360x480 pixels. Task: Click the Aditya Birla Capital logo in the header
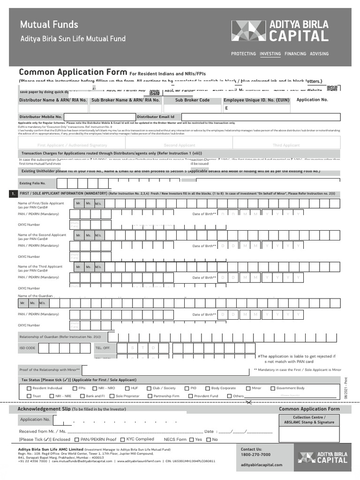coord(280,30)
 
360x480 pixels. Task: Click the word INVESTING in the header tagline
coord(270,54)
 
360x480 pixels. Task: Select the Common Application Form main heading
coord(73,72)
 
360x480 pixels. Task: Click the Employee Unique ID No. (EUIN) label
coord(256,100)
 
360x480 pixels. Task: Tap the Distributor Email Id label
coord(156,117)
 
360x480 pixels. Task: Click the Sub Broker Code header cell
coord(192,100)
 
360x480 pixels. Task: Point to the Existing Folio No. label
coord(32,183)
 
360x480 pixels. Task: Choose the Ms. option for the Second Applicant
coord(88,235)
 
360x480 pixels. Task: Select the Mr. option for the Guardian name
coord(22,303)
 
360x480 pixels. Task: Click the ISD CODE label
coord(27,348)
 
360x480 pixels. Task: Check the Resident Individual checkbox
coord(29,388)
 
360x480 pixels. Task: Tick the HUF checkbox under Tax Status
coord(127,388)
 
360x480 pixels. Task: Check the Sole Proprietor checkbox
coord(112,396)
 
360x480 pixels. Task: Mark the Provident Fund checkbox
coord(190,396)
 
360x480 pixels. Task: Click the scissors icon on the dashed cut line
coord(249,402)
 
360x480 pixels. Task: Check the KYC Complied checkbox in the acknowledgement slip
coord(123,439)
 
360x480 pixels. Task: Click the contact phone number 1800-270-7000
coord(255,455)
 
